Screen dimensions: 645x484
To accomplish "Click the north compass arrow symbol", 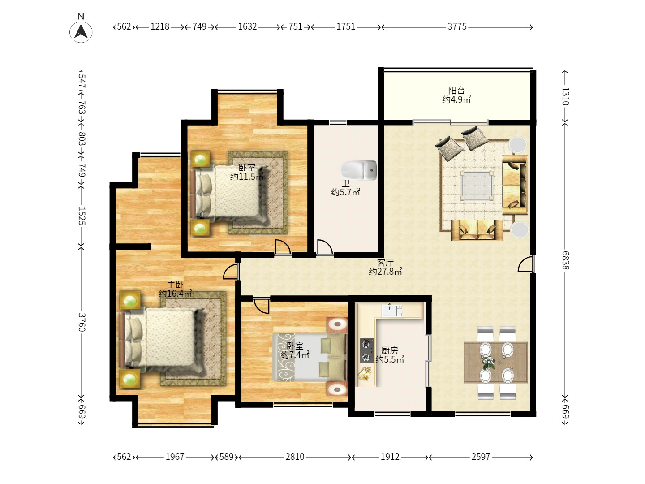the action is point(81,31).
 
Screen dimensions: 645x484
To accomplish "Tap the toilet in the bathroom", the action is point(358,170).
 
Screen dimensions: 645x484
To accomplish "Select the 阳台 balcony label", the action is point(456,90).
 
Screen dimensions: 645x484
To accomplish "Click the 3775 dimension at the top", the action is point(457,27).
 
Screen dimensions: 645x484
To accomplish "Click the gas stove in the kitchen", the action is point(367,350).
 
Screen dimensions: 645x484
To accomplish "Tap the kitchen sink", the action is point(391,310).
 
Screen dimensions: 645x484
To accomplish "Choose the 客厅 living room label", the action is point(385,263).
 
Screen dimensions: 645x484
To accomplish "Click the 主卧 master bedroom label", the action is point(176,285).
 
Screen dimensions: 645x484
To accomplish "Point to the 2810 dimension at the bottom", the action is point(295,456).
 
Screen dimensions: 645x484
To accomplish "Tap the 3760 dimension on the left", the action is point(82,322).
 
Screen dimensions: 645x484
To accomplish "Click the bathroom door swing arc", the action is point(325,246).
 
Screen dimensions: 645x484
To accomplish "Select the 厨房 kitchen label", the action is point(390,350).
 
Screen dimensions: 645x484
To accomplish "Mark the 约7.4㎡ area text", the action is point(295,354).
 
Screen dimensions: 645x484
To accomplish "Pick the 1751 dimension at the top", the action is point(346,27).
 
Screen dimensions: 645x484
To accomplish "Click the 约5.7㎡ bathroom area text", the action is point(345,192).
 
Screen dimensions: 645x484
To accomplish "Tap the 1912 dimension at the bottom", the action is point(390,456).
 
